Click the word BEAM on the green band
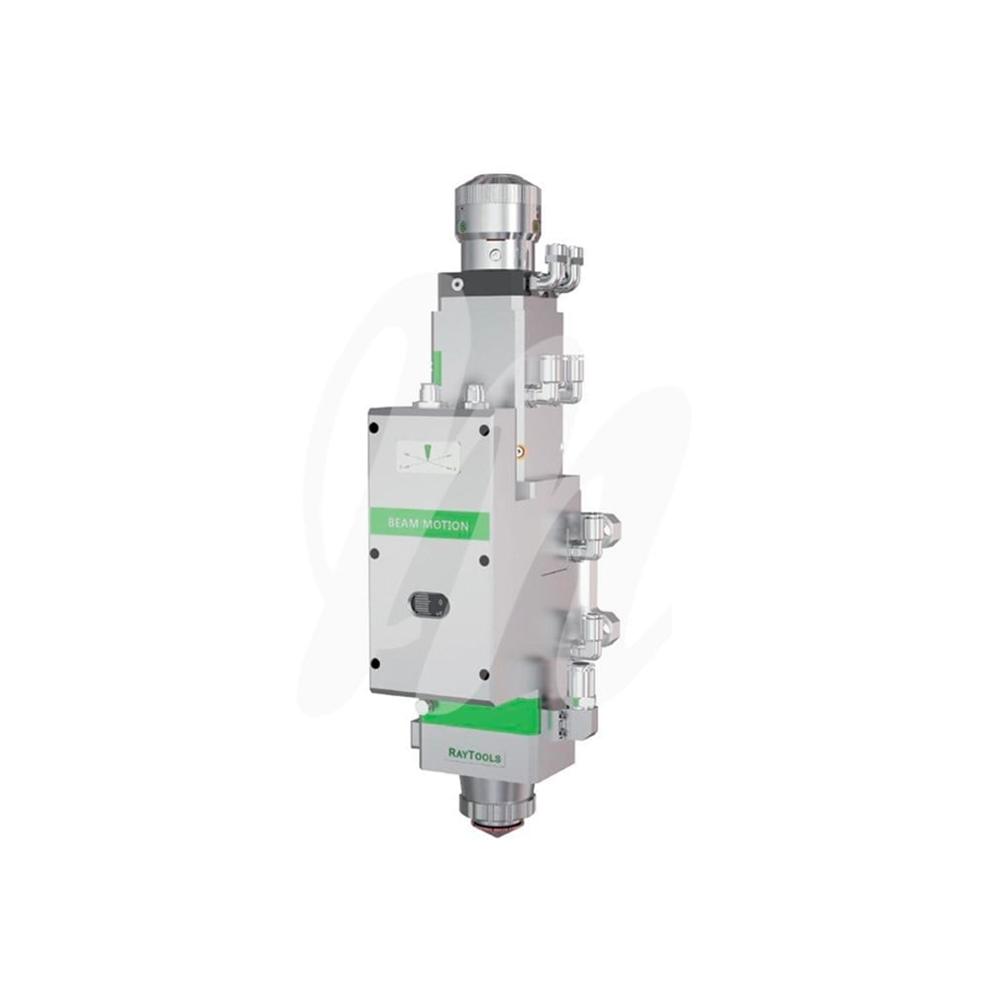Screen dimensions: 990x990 click(402, 524)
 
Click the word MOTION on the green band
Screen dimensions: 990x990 click(445, 526)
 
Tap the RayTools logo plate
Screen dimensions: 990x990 click(475, 753)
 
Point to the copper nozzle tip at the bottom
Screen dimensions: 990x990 click(494, 828)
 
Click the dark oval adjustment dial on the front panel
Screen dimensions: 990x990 click(429, 604)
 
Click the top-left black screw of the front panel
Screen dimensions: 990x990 click(374, 428)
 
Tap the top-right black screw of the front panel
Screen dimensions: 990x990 click(484, 431)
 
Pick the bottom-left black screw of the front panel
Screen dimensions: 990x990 click(375, 663)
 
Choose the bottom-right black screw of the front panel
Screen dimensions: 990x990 click(484, 674)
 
